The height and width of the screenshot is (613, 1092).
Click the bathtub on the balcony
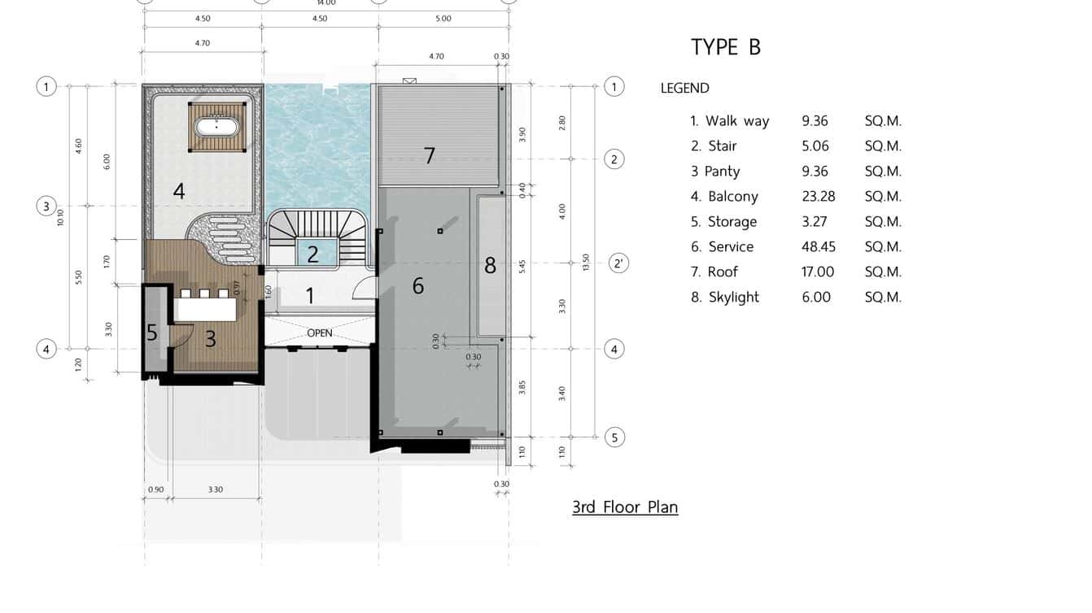click(x=217, y=128)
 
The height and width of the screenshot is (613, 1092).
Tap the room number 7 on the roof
click(x=429, y=156)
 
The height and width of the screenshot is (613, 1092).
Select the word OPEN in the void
click(x=320, y=333)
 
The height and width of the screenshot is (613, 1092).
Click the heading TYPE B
click(x=726, y=47)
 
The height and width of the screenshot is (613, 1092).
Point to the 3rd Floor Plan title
click(x=625, y=507)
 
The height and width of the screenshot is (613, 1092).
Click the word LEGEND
click(x=685, y=88)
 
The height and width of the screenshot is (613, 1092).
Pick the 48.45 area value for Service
click(x=819, y=247)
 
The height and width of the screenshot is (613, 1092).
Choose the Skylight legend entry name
click(x=734, y=298)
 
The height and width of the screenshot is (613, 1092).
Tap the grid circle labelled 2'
click(x=618, y=263)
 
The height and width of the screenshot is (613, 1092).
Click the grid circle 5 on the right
click(x=614, y=437)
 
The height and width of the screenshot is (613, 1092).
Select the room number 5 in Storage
click(x=152, y=333)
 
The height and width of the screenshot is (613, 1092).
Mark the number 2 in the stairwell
click(x=312, y=254)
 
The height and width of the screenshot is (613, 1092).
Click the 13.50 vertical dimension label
click(x=586, y=262)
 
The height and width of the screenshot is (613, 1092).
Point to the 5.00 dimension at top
click(x=443, y=19)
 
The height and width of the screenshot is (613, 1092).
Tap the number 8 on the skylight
click(x=490, y=266)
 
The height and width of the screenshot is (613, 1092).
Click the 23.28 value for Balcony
click(x=819, y=197)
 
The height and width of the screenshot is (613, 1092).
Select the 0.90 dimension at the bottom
click(x=156, y=489)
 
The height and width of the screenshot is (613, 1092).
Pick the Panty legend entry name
click(x=722, y=172)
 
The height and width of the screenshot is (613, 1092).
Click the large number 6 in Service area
click(x=417, y=286)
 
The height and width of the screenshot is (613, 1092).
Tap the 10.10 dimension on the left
click(x=60, y=218)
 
